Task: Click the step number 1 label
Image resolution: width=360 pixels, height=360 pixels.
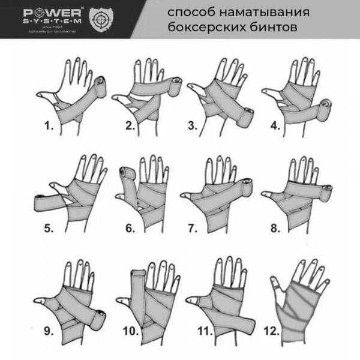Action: (x=46, y=127)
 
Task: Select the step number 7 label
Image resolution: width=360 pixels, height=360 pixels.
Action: (x=192, y=228)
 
